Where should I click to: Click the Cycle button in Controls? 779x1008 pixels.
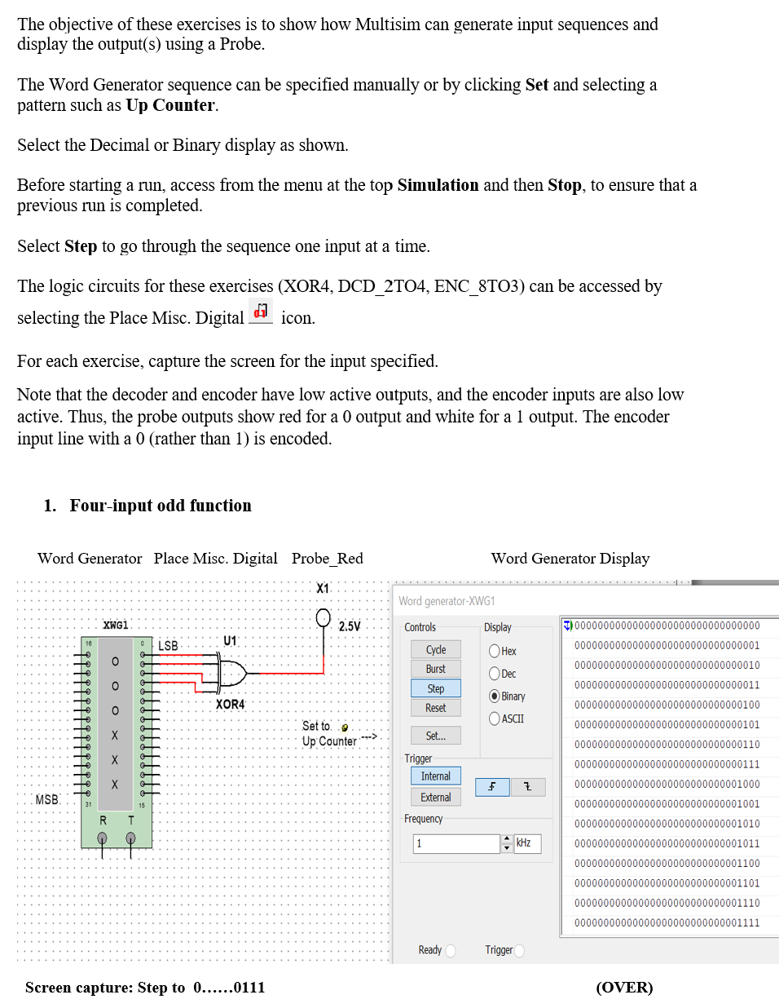pyautogui.click(x=436, y=649)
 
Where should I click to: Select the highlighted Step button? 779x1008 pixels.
pyautogui.click(x=436, y=688)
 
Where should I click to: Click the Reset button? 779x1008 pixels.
pyautogui.click(x=436, y=708)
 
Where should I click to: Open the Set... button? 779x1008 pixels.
pyautogui.click(x=436, y=736)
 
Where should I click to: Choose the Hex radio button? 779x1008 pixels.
pyautogui.click(x=495, y=651)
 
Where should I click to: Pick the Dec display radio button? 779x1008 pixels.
pyautogui.click(x=495, y=674)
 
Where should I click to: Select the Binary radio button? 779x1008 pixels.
pyautogui.click(x=495, y=696)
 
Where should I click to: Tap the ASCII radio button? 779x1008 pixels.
pyautogui.click(x=495, y=718)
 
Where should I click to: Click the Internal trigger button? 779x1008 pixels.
pyautogui.click(x=436, y=776)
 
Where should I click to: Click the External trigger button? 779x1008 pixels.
pyautogui.click(x=436, y=798)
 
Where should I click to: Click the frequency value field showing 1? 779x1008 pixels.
pyautogui.click(x=456, y=843)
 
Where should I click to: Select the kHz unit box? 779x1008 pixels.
pyautogui.click(x=526, y=843)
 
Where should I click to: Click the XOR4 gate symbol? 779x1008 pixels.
pyautogui.click(x=231, y=674)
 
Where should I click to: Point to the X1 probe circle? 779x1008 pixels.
pyautogui.click(x=323, y=617)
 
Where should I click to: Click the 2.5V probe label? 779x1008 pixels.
pyautogui.click(x=350, y=626)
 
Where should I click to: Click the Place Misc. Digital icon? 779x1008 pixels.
pyautogui.click(x=261, y=312)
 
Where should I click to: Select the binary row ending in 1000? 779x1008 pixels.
pyautogui.click(x=667, y=784)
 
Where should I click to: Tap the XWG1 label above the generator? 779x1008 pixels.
pyautogui.click(x=116, y=626)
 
